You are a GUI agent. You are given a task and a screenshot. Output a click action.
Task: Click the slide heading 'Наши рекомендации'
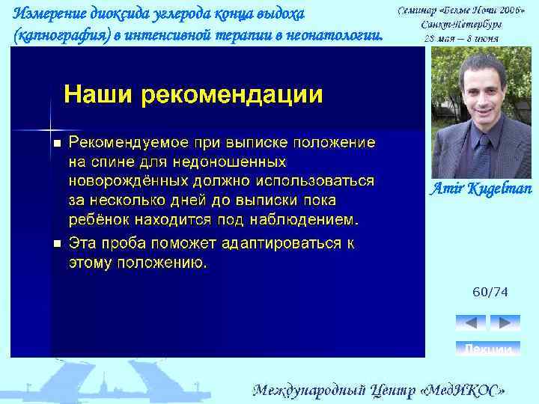point(193,95)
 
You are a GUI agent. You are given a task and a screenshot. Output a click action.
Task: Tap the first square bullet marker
point(56,143)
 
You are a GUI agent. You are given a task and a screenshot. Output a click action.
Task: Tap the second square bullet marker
point(56,244)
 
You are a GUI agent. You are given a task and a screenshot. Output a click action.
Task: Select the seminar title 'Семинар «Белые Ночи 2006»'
point(460,11)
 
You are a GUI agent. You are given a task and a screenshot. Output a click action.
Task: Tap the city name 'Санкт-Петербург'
point(460,25)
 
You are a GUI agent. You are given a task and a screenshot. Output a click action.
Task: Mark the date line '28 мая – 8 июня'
point(460,38)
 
